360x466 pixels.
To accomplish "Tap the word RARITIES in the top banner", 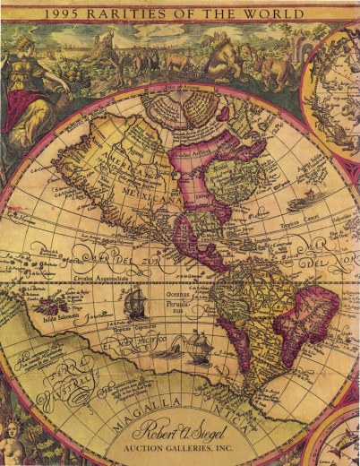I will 147,13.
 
